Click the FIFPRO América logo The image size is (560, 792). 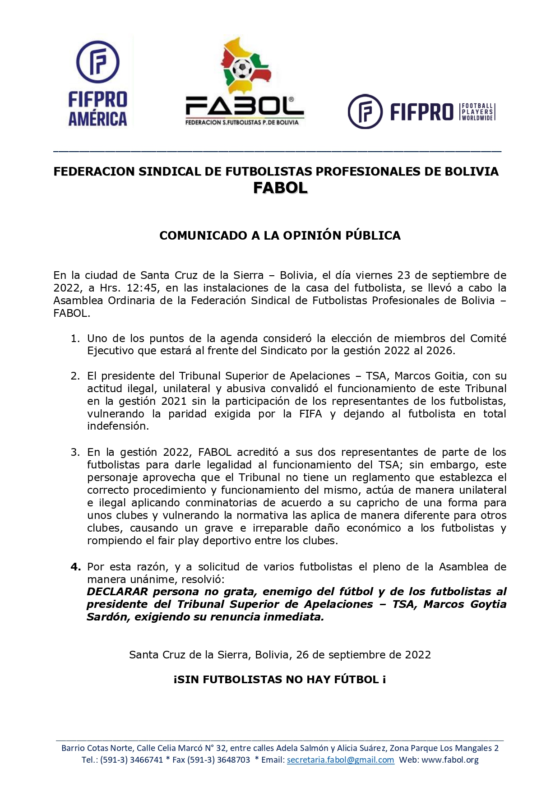tap(98, 83)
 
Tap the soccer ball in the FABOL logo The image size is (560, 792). tap(242, 69)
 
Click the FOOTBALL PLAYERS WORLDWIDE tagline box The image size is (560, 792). tap(477, 112)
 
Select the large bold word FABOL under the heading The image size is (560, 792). tap(280, 188)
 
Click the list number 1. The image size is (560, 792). tap(75, 338)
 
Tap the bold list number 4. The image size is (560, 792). tap(75, 567)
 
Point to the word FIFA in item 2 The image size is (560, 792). tap(310, 414)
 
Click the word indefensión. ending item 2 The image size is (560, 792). tap(118, 426)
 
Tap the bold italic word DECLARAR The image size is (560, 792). tap(117, 592)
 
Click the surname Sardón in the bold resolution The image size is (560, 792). tap(106, 617)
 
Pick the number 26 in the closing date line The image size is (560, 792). tap(302, 655)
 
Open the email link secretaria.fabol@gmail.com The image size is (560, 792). tap(340, 760)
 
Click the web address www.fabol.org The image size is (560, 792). tap(450, 760)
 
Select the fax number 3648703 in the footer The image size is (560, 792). tap(233, 760)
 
